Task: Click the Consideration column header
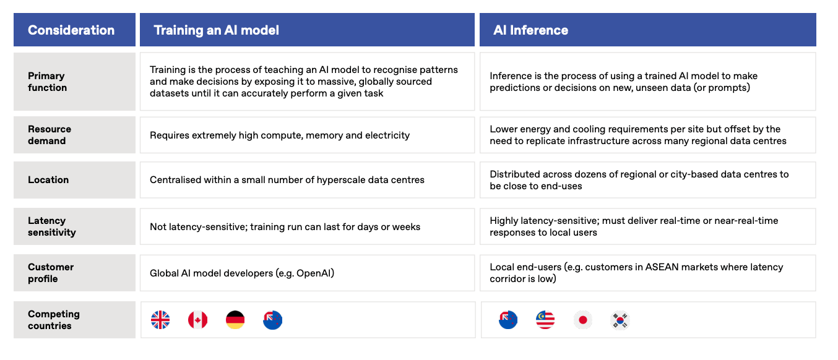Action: click(x=71, y=30)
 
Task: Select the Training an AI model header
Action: click(x=216, y=30)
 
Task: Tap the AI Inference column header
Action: click(x=530, y=30)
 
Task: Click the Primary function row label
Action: click(x=48, y=82)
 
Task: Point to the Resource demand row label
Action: click(x=50, y=135)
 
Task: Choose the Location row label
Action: click(x=48, y=180)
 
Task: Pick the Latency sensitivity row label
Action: click(x=52, y=226)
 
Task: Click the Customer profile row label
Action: click(x=51, y=273)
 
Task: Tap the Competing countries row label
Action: click(x=54, y=320)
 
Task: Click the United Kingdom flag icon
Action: click(x=160, y=320)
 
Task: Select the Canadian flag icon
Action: click(x=197, y=320)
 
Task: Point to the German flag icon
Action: click(x=235, y=320)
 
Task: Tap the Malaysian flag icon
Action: click(x=545, y=320)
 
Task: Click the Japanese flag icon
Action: click(x=582, y=320)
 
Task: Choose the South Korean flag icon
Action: click(x=620, y=320)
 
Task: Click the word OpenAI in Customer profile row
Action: click(x=314, y=273)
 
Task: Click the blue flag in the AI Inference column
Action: click(x=508, y=320)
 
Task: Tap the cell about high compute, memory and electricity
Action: click(x=307, y=135)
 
